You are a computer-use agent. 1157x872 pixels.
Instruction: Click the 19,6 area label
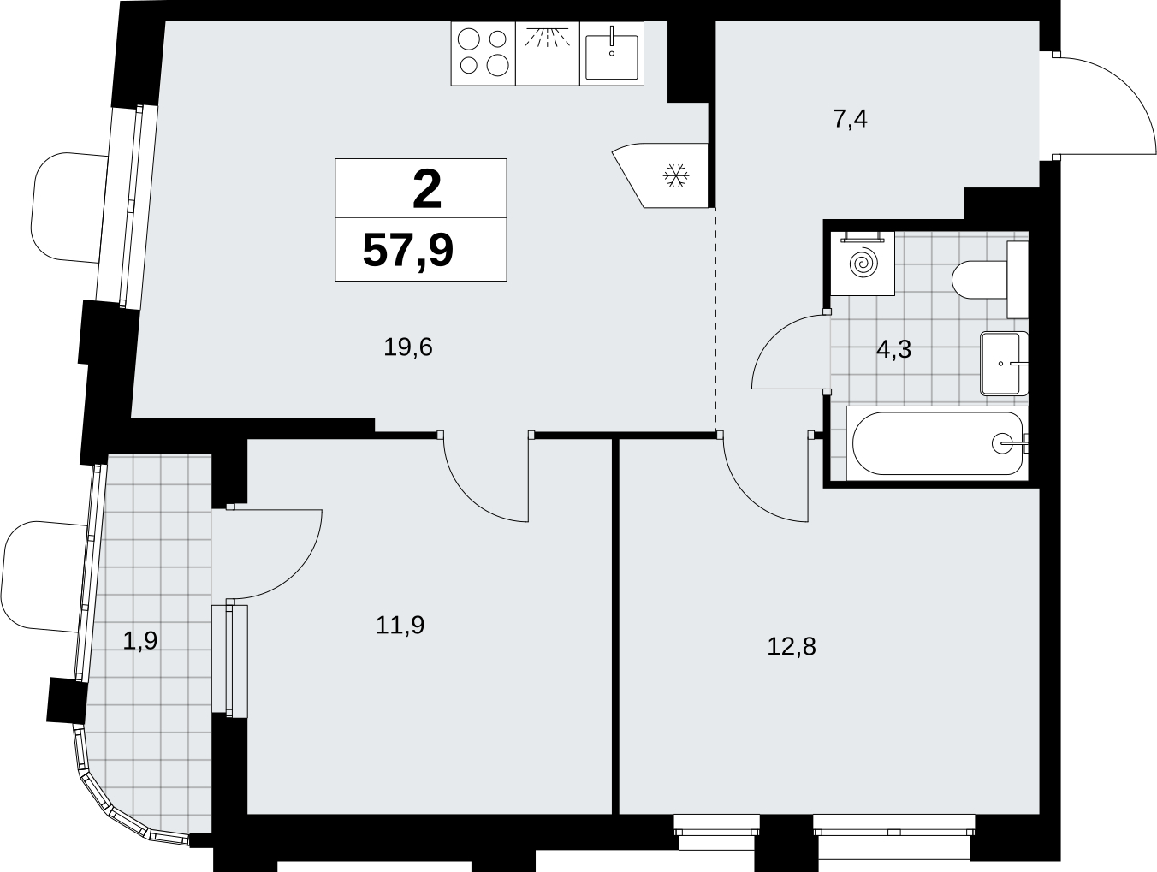coord(408,347)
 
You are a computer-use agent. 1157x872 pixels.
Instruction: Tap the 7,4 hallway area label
coord(851,119)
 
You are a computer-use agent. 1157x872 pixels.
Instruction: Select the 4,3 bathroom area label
coord(893,349)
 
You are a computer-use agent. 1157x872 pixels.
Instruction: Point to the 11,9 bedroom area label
coord(400,626)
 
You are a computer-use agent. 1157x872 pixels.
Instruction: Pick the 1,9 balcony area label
coord(140,641)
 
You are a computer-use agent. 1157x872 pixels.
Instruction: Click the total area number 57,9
coord(408,252)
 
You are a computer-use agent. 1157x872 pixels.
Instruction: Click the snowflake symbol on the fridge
coord(676,175)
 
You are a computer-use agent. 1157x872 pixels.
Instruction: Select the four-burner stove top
coord(483,54)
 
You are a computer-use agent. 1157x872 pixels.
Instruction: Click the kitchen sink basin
coord(611,56)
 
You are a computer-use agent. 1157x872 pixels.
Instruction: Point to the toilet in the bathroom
coord(989,280)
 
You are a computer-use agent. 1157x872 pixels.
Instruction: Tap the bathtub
coord(937,443)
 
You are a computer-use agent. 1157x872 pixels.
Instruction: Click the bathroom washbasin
coord(1004,363)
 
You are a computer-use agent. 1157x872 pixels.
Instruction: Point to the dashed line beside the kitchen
coord(715,319)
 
